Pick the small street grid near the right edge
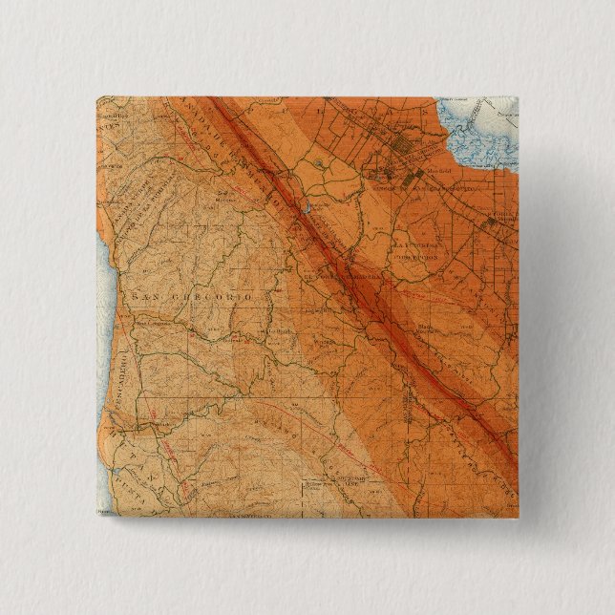tap(492, 222)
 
